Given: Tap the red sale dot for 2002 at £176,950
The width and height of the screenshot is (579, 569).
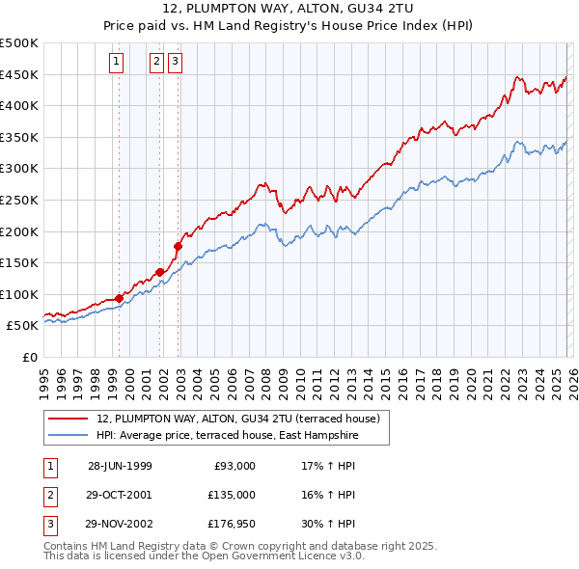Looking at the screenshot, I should pos(178,246).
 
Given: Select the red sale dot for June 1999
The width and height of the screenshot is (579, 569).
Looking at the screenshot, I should pos(120,299).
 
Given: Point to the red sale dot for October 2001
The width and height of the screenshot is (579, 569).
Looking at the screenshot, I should pos(159,272).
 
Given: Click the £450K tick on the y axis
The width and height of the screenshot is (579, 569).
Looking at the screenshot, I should pos(19,74).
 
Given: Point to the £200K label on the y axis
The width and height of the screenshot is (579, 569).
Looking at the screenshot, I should pos(19,231).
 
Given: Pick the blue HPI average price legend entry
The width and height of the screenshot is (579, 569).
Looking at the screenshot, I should pos(227,436).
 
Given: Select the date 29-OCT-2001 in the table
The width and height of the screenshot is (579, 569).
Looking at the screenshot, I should pos(119,495).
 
